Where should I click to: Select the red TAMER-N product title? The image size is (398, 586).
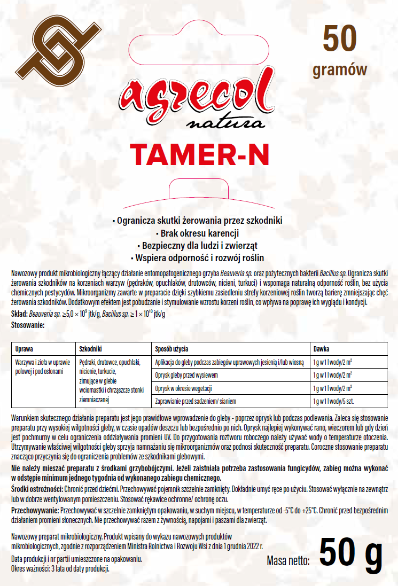pos(199,154)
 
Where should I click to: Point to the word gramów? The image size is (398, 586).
pos(340,69)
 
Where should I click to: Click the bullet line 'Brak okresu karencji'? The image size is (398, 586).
pos(199,233)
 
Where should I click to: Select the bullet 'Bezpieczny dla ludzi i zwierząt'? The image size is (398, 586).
pos(199,246)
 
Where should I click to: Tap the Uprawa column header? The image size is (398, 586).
pos(25,348)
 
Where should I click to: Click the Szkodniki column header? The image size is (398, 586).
pos(90,348)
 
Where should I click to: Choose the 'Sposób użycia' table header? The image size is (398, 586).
pos(171,348)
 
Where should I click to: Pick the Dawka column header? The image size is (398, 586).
pos(321,348)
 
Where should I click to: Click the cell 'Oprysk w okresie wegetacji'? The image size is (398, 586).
pos(184,387)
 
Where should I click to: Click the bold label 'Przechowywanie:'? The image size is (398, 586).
pos(35,511)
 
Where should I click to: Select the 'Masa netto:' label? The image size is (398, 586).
pos(288,561)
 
